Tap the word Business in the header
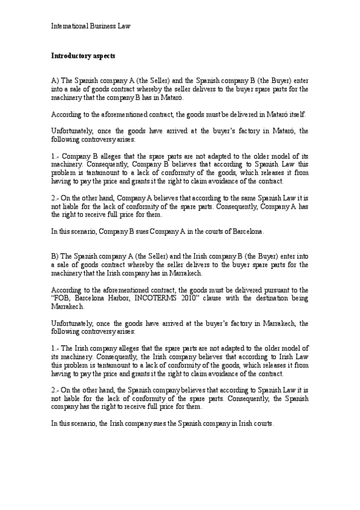pyautogui.click(x=104, y=26)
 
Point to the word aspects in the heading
pyautogui.click(x=104, y=55)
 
